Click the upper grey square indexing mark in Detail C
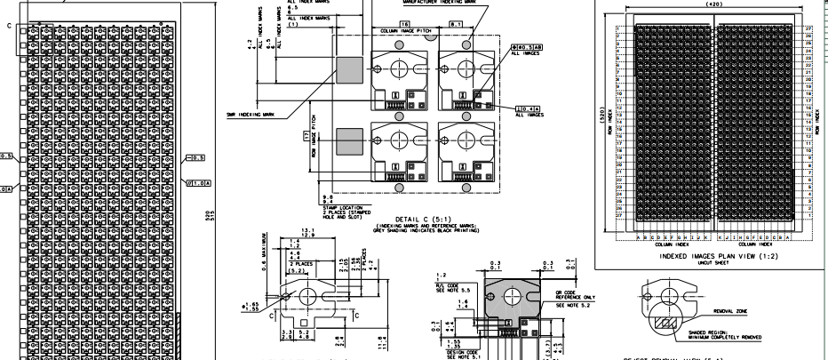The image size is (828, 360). click(350, 68)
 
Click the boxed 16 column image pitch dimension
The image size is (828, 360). click(404, 21)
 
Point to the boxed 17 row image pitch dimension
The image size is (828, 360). click(305, 137)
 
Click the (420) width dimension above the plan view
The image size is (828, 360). click(713, 5)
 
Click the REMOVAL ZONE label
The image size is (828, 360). click(730, 310)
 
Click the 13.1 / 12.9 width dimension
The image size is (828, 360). click(308, 233)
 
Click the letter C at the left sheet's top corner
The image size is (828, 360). click(10, 27)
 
